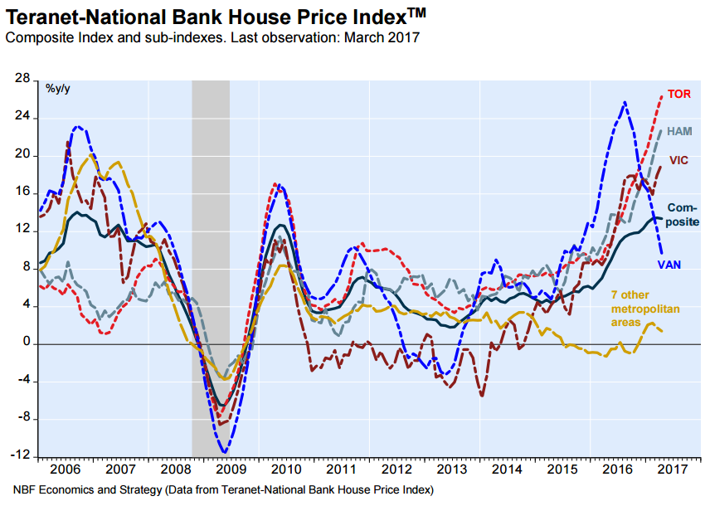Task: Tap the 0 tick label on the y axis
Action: tap(25, 343)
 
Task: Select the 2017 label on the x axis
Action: tap(674, 468)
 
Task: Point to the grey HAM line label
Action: tap(680, 131)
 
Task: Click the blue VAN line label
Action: tap(670, 265)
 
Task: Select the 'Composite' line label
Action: tap(683, 215)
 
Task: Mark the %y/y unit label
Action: tap(58, 89)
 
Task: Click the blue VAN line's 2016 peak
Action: tap(625, 102)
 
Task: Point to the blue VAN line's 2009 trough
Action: tap(224, 452)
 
